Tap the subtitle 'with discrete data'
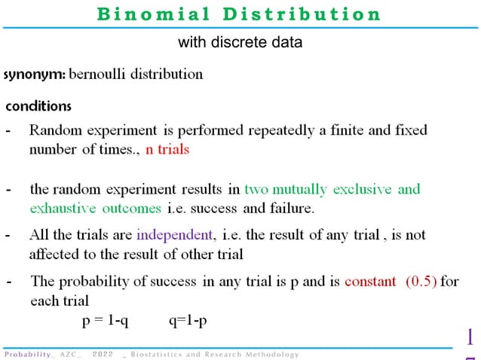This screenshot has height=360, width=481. click(x=240, y=43)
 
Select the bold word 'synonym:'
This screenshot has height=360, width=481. click(x=35, y=75)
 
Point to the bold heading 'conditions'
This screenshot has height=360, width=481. click(x=38, y=106)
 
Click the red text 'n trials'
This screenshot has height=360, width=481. click(x=167, y=149)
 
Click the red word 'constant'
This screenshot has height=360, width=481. click(x=370, y=282)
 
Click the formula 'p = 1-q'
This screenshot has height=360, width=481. click(x=106, y=321)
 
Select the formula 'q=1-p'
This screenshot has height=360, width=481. click(x=188, y=321)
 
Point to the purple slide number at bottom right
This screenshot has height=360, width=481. click(x=470, y=343)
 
